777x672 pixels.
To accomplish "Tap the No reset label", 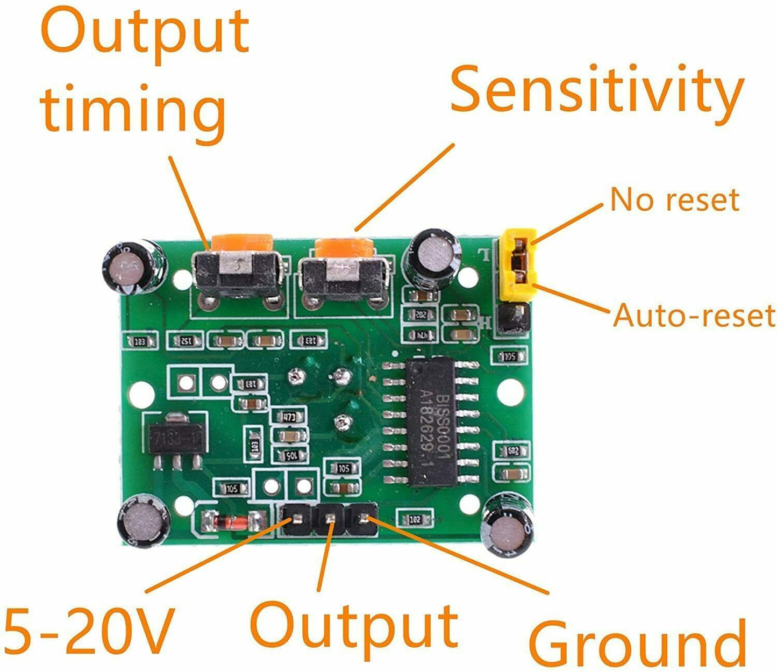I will [x=674, y=199].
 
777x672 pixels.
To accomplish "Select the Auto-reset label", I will [x=694, y=315].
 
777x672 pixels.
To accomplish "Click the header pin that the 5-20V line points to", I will [x=296, y=520].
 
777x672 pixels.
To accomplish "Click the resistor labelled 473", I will [x=289, y=417].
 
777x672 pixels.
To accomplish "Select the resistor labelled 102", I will [x=415, y=519].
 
